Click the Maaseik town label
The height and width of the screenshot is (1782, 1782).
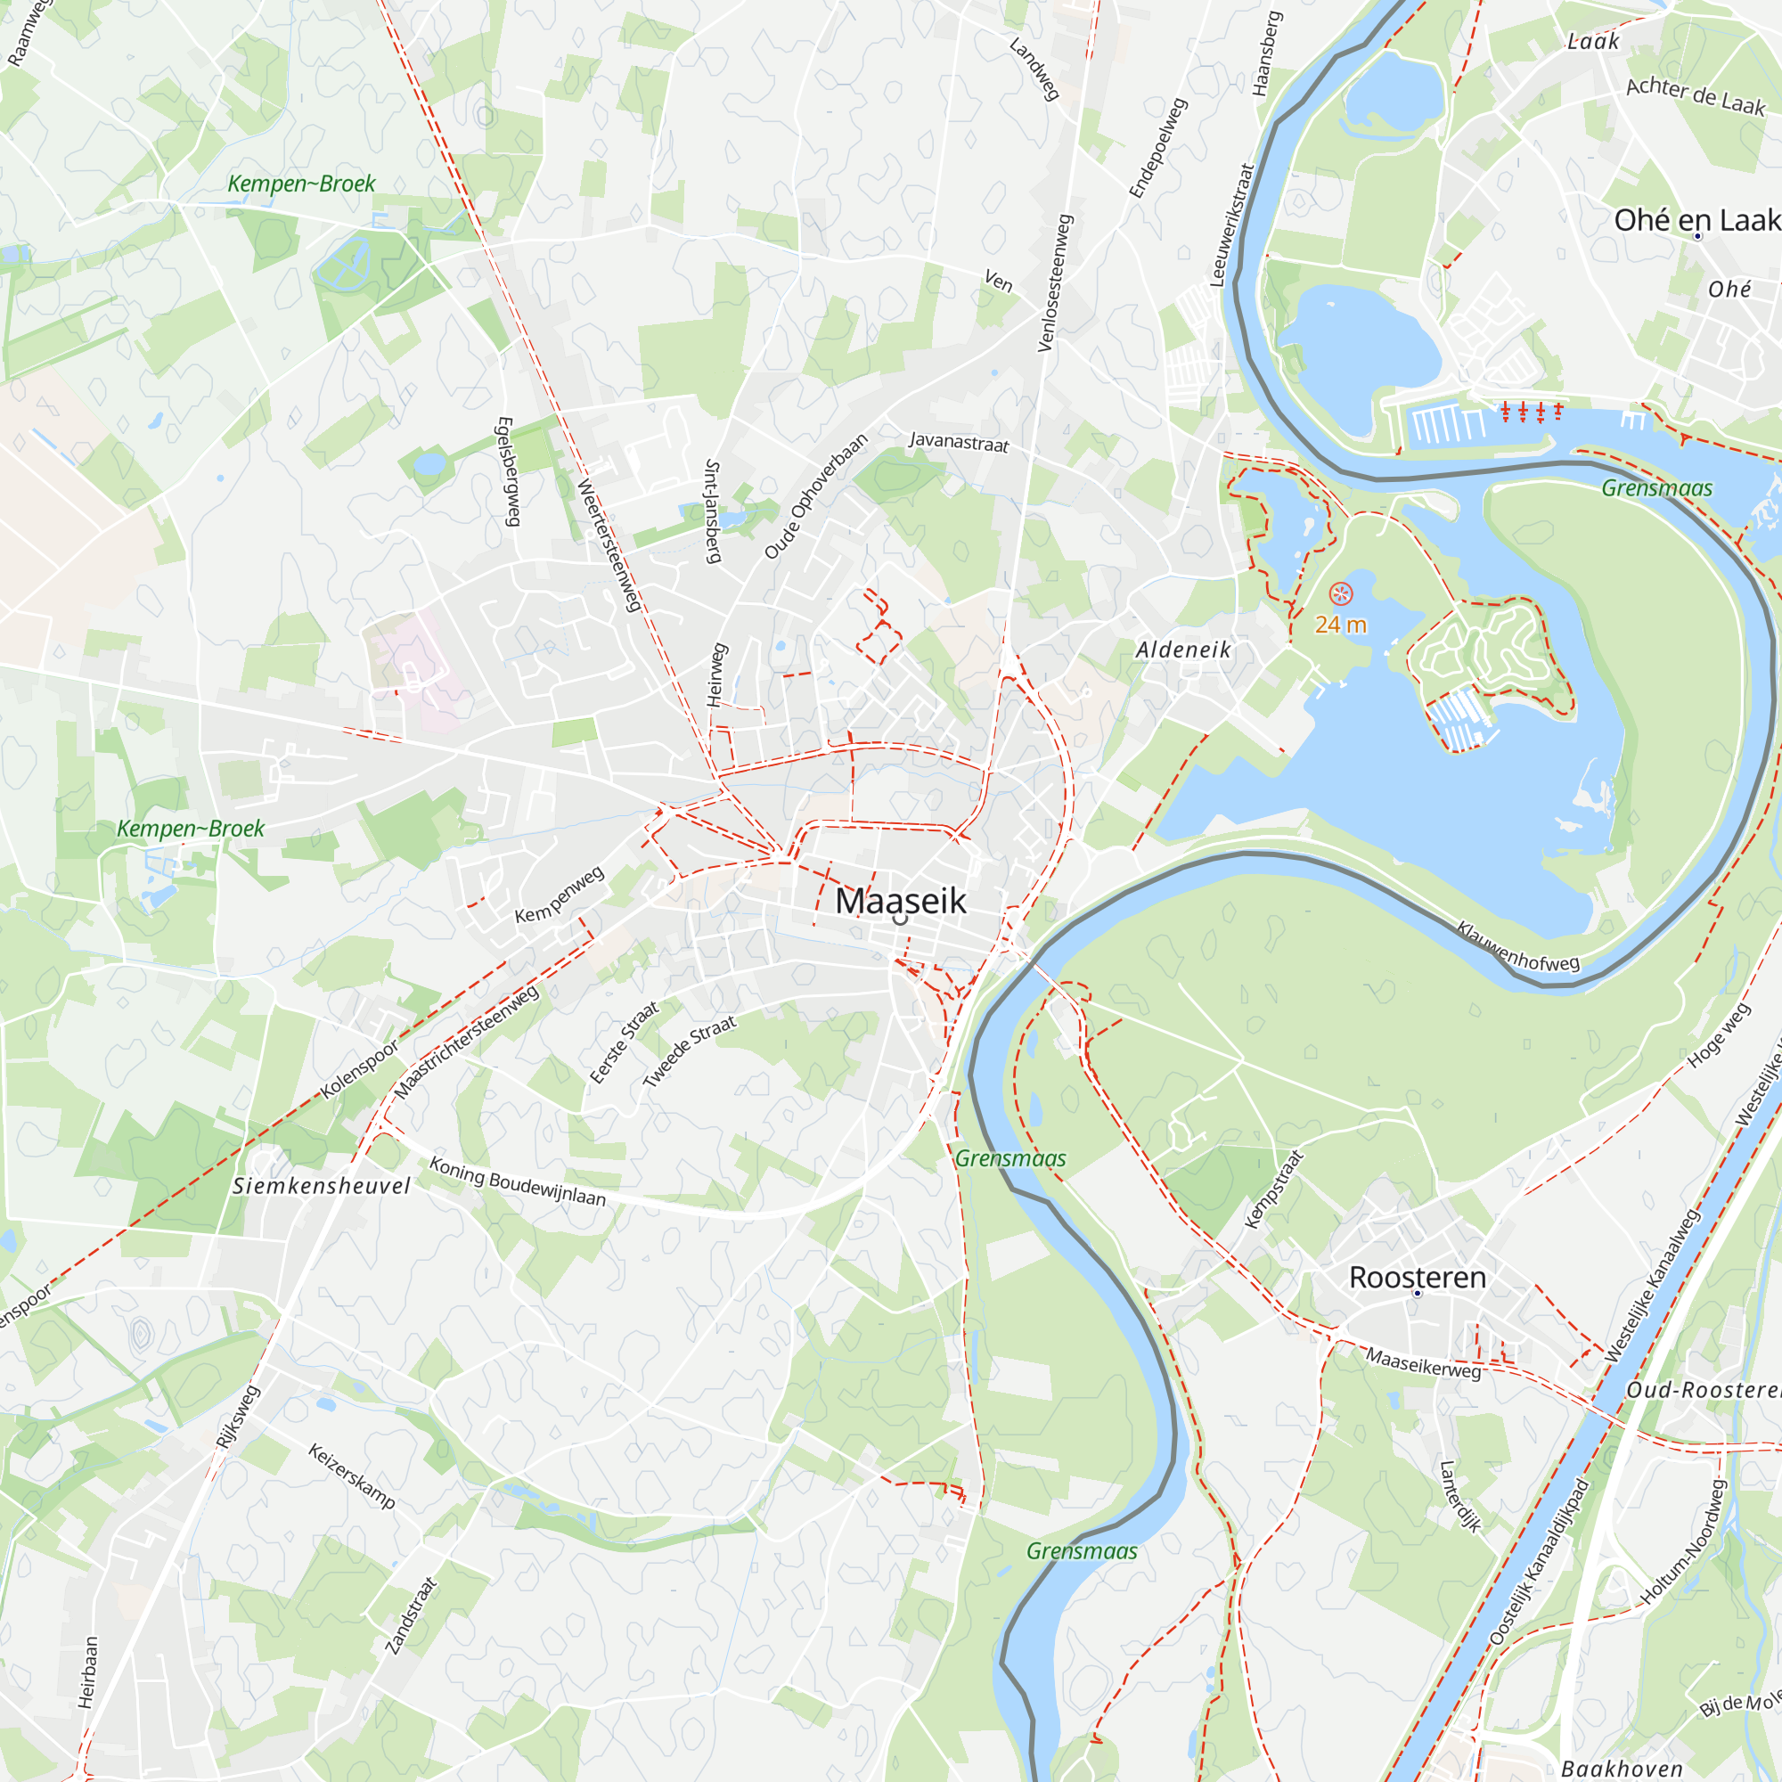pos(900,901)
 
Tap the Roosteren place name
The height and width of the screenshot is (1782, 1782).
pos(1417,1278)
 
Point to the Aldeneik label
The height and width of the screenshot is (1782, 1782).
pos(1182,650)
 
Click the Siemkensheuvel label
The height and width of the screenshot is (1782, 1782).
pos(321,1186)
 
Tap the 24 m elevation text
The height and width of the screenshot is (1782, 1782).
pos(1340,625)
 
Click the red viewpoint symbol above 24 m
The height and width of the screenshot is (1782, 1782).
pos(1340,594)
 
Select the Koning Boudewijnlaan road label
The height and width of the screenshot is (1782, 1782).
pos(518,1182)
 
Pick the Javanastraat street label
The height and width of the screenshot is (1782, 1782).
pos(959,442)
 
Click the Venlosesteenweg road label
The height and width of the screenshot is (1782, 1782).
pos(1056,283)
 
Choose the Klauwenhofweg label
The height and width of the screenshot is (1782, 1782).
pos(1518,947)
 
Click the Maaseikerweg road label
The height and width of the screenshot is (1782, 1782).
pos(1423,1363)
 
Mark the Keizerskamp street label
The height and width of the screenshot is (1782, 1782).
pos(351,1476)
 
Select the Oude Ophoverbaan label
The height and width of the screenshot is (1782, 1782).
pos(816,496)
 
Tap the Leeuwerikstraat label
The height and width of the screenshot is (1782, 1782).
pos(1232,225)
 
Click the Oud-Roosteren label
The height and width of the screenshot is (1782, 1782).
pos(1703,1390)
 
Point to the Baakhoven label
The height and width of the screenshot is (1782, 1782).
pos(1622,1768)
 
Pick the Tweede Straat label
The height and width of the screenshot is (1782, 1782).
pos(689,1051)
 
